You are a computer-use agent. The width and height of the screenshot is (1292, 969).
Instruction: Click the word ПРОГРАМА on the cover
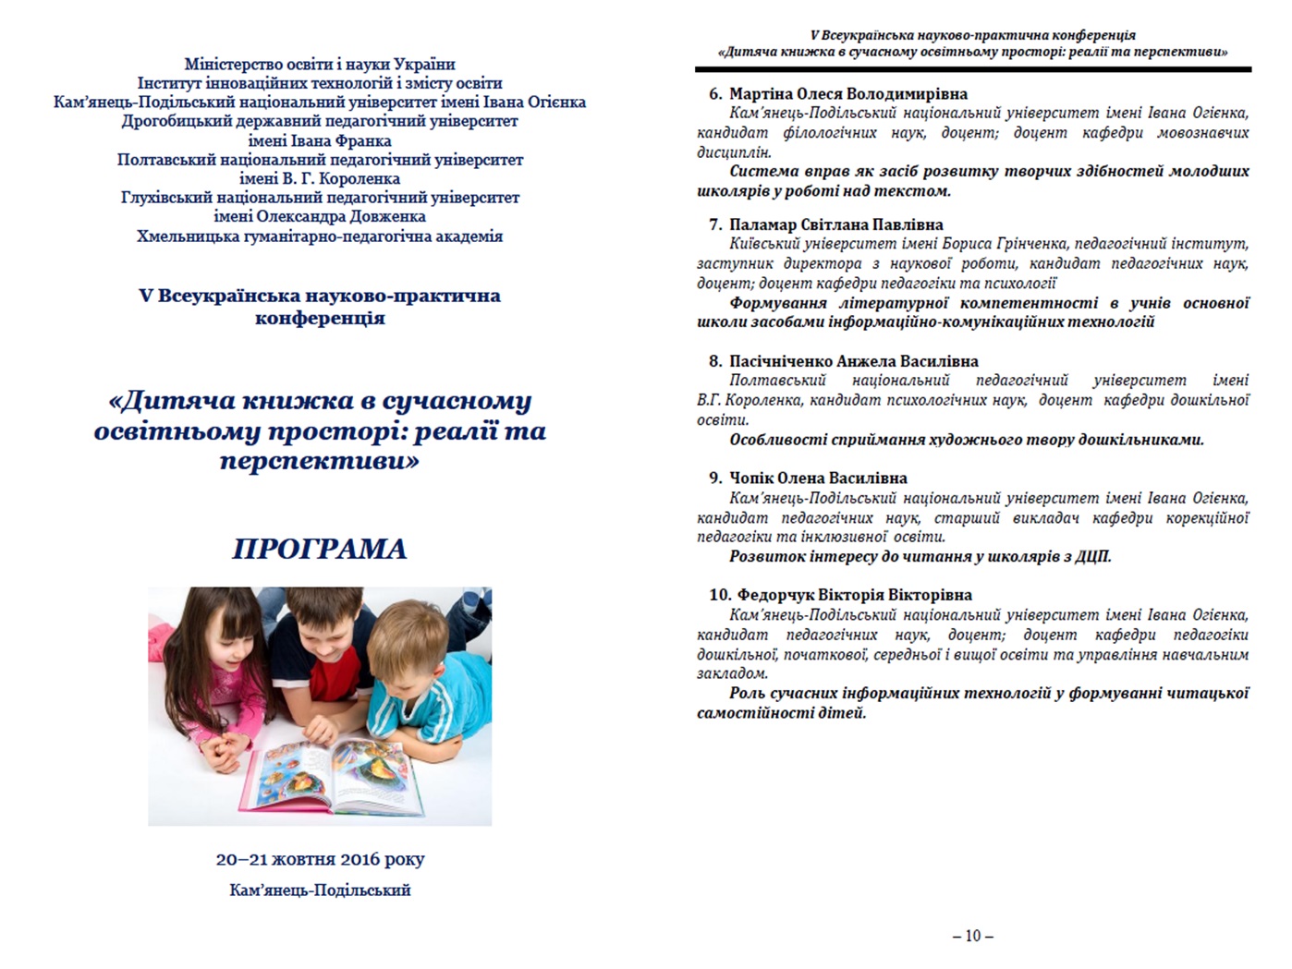click(320, 549)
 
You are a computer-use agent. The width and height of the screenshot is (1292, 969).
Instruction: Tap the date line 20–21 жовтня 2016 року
click(320, 859)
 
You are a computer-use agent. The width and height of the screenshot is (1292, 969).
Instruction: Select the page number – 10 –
click(972, 936)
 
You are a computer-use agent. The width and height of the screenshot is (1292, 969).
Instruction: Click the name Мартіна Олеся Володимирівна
click(847, 93)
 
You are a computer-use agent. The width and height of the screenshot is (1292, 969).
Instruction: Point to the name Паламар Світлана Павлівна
click(835, 224)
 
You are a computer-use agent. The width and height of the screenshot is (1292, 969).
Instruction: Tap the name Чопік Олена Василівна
click(818, 478)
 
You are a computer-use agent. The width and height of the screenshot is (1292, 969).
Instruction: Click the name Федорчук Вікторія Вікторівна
click(854, 595)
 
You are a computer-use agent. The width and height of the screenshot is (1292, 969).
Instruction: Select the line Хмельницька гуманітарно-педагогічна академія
click(320, 236)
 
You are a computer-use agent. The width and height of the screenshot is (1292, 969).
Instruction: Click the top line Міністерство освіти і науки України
click(320, 64)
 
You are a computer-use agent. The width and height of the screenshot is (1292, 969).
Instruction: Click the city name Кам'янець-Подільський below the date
click(320, 890)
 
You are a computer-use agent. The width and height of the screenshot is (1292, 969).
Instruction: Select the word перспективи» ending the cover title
click(320, 460)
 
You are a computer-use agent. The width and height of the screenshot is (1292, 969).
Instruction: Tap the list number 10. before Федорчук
click(720, 595)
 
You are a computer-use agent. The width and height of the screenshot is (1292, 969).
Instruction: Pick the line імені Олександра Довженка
click(320, 216)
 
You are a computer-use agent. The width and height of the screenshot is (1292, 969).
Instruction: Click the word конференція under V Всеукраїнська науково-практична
click(320, 318)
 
